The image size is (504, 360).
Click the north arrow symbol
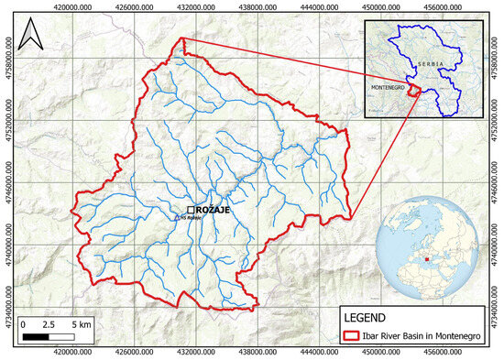click(33, 38)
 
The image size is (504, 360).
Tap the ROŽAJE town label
click(211, 211)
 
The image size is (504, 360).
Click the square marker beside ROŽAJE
click(190, 210)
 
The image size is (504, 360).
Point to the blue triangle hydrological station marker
click(180, 218)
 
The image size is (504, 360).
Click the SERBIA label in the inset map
click(432, 63)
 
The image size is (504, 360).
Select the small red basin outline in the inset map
click(413, 90)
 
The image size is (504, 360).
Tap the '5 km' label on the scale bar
click(82, 325)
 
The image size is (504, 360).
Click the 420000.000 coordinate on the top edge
click(72, 6)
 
